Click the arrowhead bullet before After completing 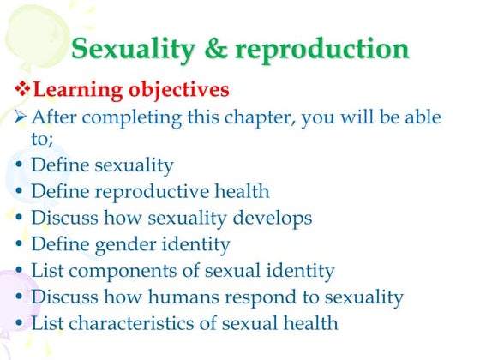tap(22, 117)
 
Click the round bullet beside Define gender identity tap(20, 245)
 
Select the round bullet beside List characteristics tap(20, 324)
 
